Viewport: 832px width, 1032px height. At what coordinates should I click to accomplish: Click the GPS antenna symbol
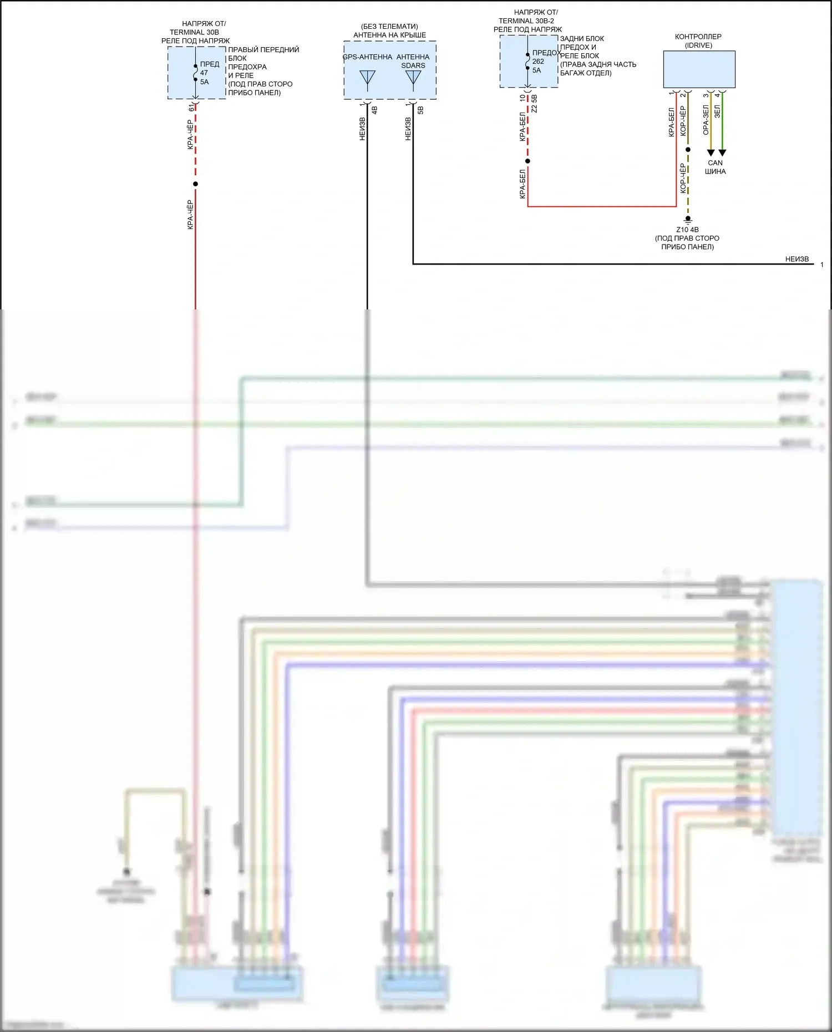(367, 79)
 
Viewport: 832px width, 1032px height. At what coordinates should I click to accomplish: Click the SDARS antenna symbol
(413, 79)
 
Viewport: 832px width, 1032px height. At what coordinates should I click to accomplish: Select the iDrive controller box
(699, 69)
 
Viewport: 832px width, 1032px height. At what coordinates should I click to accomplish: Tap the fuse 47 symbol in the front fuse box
(195, 73)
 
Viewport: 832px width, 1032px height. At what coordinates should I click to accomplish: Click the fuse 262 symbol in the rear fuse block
(527, 61)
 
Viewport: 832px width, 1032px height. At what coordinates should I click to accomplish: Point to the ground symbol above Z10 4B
(688, 220)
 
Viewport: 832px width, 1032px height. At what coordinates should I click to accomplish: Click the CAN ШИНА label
(715, 167)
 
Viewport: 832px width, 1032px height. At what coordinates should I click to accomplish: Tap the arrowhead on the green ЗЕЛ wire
(722, 152)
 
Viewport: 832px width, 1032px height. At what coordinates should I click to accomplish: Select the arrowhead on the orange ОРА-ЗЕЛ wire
(711, 152)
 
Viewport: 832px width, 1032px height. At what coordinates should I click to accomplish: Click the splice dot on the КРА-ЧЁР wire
(195, 184)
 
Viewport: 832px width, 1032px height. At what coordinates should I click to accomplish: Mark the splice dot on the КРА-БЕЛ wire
(527, 161)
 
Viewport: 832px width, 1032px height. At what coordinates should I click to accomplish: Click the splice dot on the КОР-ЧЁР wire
(688, 150)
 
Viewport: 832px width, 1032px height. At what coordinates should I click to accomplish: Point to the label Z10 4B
(687, 230)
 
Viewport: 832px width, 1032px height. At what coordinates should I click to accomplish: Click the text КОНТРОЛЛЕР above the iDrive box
(698, 37)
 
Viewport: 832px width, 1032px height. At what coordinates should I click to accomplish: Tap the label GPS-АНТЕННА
(367, 57)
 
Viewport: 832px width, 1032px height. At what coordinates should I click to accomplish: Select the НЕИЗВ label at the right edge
(797, 259)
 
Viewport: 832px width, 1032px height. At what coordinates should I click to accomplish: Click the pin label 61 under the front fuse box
(192, 107)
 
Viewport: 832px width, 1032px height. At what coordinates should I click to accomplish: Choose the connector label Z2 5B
(534, 104)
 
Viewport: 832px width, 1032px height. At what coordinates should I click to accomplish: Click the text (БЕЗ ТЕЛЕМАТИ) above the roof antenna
(389, 27)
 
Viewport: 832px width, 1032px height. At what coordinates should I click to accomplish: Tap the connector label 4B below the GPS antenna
(374, 110)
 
